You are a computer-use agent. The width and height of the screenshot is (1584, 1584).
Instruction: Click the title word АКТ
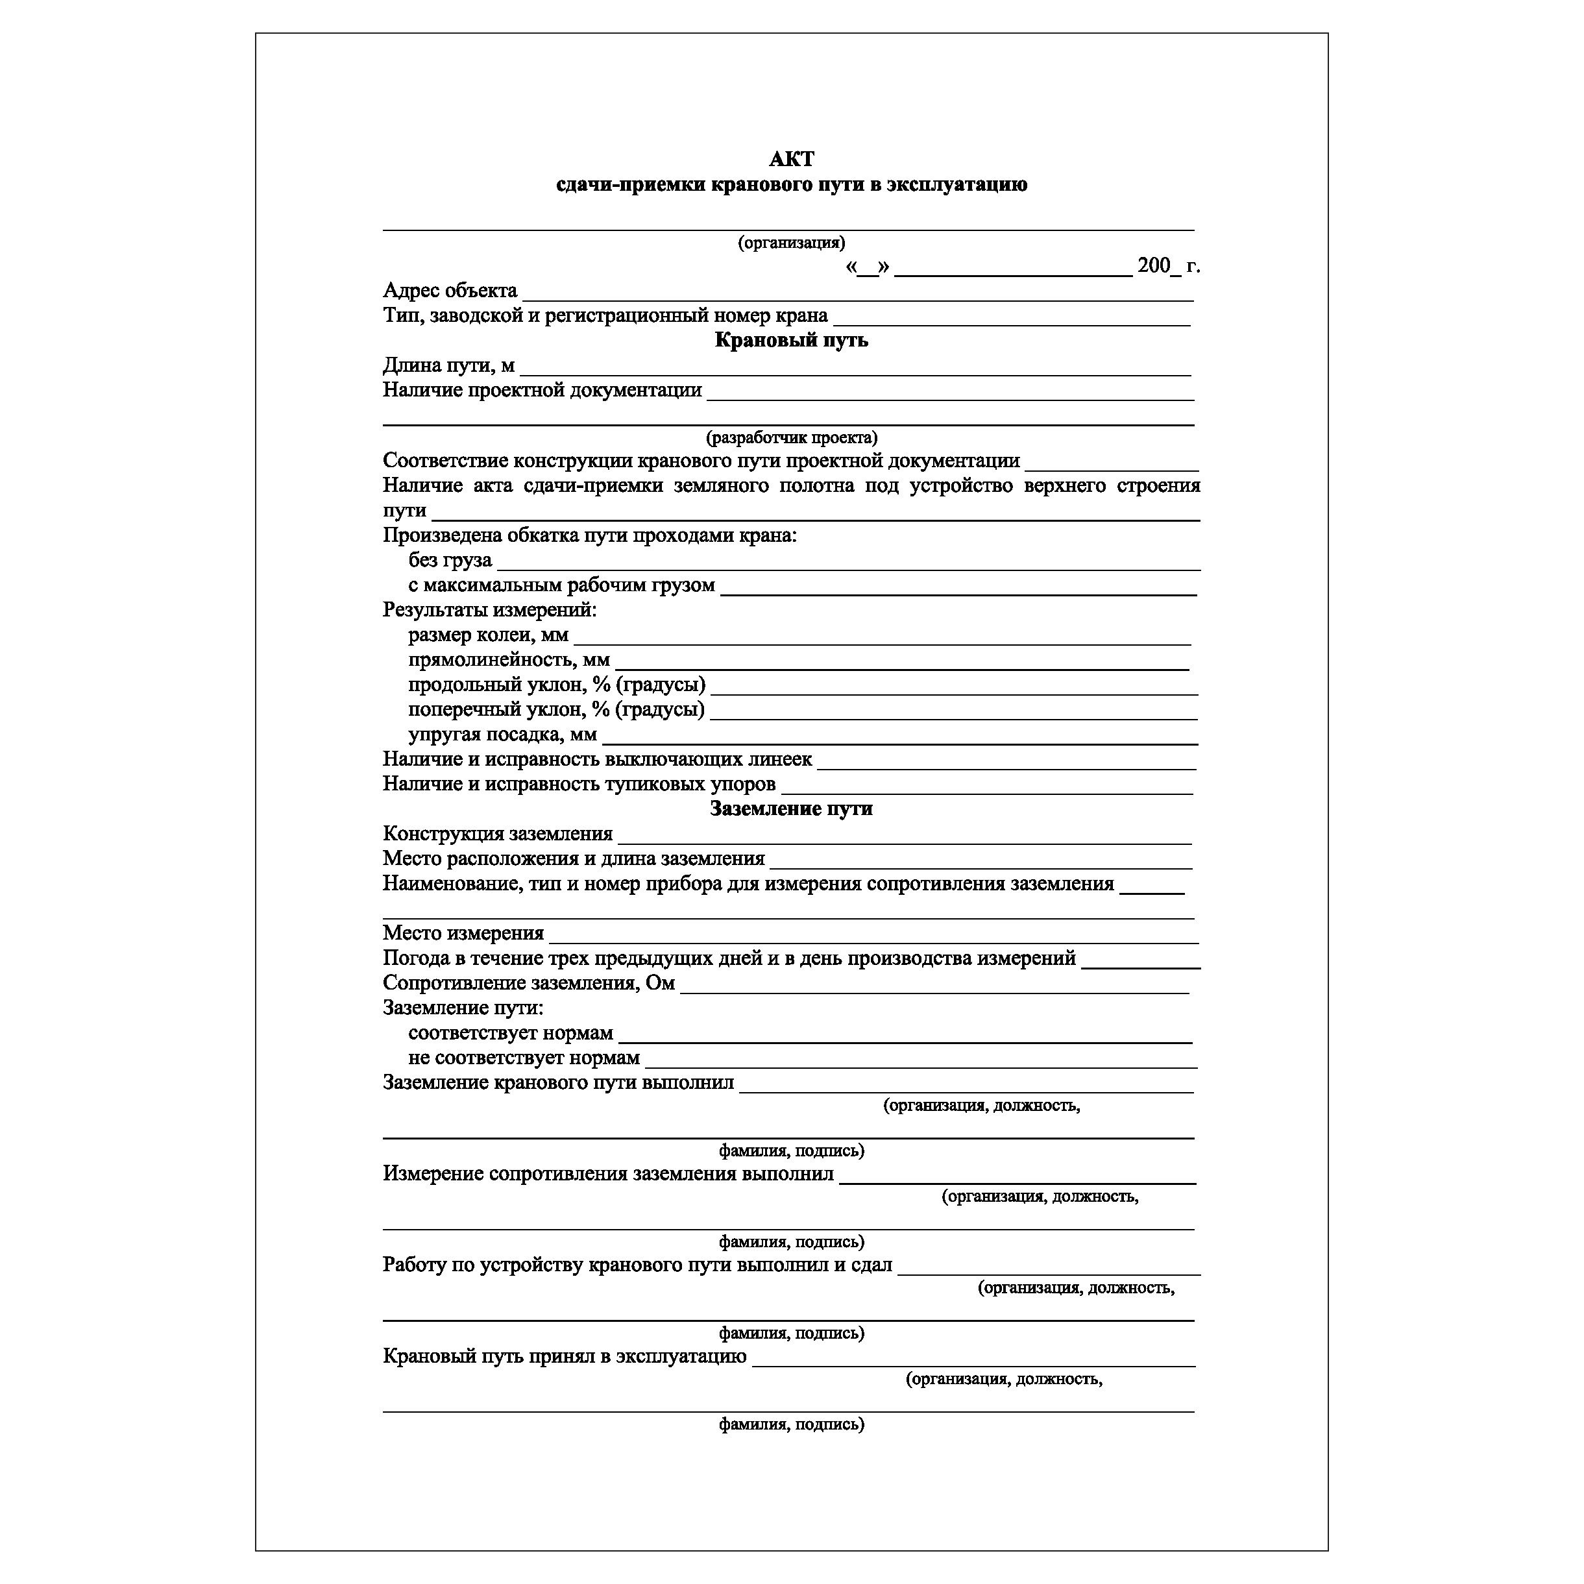[791, 159]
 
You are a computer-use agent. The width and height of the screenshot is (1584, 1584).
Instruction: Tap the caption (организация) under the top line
[791, 243]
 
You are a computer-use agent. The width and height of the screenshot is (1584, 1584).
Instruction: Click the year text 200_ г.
[1167, 265]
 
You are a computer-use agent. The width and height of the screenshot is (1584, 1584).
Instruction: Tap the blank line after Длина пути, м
[855, 371]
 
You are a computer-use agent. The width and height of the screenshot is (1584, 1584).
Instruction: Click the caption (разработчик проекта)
[791, 438]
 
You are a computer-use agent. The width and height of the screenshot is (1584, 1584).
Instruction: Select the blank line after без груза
[849, 567]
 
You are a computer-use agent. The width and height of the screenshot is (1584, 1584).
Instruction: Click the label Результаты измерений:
[489, 610]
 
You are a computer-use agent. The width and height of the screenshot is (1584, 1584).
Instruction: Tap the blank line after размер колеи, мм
[882, 641]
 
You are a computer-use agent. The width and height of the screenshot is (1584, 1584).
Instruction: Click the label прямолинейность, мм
[508, 660]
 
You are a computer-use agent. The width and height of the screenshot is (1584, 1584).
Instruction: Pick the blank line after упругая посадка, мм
[899, 740]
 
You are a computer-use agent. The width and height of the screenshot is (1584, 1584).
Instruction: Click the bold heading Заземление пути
[791, 809]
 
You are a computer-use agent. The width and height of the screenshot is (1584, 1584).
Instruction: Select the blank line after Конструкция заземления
[905, 840]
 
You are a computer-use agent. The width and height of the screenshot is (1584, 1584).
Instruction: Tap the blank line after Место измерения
[874, 940]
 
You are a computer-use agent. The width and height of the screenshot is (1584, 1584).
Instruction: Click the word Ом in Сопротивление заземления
[660, 983]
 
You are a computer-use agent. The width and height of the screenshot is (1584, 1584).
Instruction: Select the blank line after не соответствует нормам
[921, 1064]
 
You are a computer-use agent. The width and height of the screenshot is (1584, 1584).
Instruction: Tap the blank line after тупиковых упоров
[987, 790]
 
